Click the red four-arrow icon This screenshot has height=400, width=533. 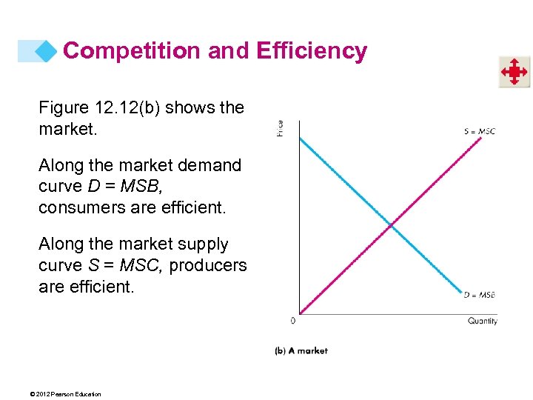513,73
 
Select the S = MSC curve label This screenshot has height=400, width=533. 480,131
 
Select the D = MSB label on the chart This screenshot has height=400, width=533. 479,295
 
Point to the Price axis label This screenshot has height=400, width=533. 280,128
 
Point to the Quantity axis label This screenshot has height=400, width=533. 483,321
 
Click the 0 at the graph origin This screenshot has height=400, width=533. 293,321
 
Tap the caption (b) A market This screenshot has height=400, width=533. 301,350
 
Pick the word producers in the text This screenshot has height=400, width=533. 208,264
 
